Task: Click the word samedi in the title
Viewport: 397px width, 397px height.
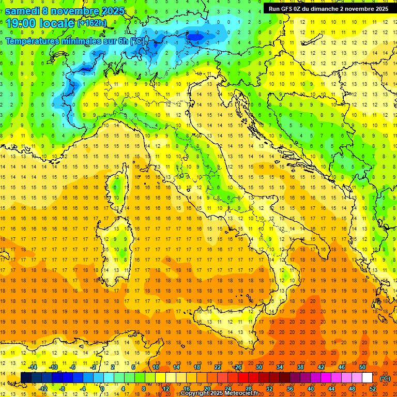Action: (x=22, y=11)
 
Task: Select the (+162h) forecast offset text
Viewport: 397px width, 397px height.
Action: (x=93, y=23)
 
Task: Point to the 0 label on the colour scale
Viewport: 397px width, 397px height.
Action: (x=102, y=389)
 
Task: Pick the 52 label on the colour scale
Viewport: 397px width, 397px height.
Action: (x=373, y=389)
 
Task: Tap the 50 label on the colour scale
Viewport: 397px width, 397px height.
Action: (x=362, y=367)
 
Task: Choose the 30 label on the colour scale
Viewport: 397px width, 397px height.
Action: (x=259, y=367)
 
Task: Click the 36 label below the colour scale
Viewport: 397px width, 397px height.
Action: (x=290, y=389)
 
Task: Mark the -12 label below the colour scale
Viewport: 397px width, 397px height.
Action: (x=43, y=389)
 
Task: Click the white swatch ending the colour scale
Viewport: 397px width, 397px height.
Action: (x=367, y=378)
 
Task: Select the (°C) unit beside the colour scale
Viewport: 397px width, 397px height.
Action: (x=385, y=378)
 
